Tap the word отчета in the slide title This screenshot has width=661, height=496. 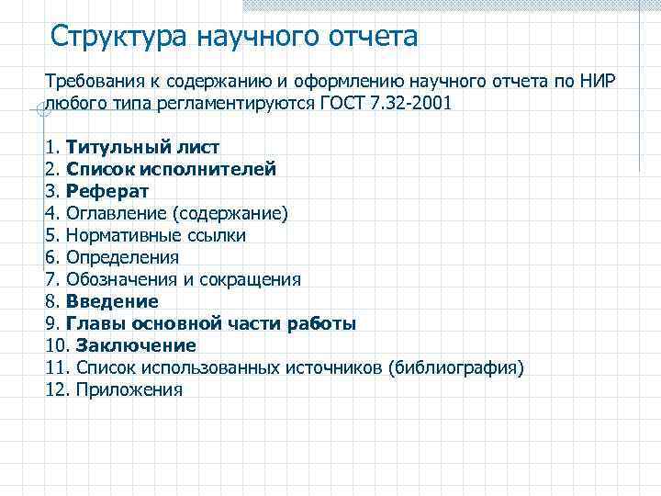[373, 37]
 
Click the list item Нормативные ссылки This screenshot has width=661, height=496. [155, 235]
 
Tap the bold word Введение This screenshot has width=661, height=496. [112, 301]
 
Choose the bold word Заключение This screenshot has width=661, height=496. [136, 345]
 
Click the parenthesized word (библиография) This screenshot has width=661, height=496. [455, 367]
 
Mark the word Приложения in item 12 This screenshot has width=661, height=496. [129, 389]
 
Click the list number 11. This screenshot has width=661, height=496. [53, 367]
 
